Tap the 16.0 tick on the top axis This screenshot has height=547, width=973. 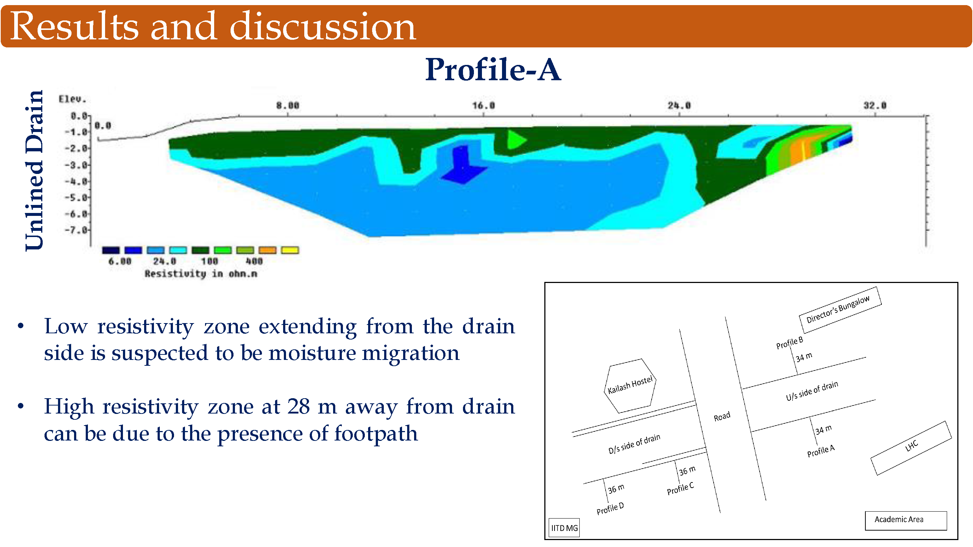click(483, 106)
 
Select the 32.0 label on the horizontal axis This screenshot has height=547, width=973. click(875, 106)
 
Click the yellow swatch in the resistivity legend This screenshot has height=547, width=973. click(290, 250)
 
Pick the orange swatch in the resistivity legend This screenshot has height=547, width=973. click(267, 250)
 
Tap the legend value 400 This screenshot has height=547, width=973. click(254, 261)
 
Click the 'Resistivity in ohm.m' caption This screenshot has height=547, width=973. click(201, 274)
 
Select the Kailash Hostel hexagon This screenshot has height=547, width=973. click(630, 386)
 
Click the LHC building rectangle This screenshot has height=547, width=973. click(911, 448)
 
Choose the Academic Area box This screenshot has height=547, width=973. click(906, 521)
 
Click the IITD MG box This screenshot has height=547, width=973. click(564, 528)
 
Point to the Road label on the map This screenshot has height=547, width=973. click(722, 417)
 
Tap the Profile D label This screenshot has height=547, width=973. click(610, 508)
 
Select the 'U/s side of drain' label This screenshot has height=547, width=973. click(812, 391)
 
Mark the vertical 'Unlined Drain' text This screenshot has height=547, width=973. click(34, 170)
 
